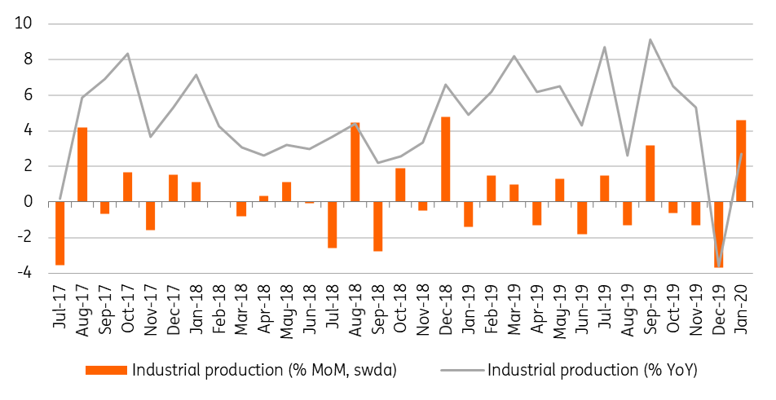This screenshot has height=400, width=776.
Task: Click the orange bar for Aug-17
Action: coord(82,165)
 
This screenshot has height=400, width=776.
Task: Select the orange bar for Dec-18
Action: coord(445,159)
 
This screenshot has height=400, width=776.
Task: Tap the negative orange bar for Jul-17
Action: coord(60,233)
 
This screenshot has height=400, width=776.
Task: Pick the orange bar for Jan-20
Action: coord(741,161)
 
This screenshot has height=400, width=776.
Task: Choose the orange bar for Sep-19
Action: coord(650,174)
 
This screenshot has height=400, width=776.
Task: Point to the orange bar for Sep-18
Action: coord(377,226)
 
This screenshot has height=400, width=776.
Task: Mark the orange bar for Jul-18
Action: coord(332,225)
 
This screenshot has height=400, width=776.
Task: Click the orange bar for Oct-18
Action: coord(400,186)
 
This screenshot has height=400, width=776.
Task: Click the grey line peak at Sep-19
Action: coord(650,40)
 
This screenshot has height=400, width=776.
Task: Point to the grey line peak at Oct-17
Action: coord(128,54)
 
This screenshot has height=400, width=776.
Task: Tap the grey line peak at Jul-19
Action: coord(604,47)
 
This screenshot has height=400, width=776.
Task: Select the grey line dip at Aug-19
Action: coord(627,156)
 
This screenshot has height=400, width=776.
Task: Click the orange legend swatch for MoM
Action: coord(106,370)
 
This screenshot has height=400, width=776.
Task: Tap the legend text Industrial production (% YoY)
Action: coord(593,370)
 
